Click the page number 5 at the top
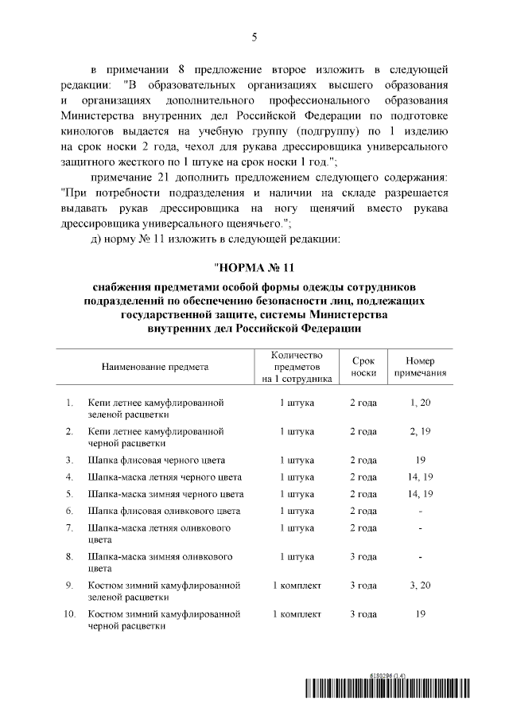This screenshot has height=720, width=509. [254, 37]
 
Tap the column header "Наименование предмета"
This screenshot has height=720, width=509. [154, 367]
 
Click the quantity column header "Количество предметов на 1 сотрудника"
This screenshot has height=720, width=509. [297, 367]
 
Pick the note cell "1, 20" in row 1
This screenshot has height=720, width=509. [420, 403]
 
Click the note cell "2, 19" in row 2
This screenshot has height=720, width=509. [420, 431]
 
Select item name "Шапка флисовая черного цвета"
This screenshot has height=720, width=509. [157, 460]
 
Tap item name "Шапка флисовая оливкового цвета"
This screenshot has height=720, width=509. [164, 511]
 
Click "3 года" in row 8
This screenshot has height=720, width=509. [363, 556]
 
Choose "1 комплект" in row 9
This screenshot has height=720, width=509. [297, 586]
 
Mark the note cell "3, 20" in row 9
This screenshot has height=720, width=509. [420, 586]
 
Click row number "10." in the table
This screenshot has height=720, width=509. [69, 614]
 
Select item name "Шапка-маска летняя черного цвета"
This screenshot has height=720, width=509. [165, 477]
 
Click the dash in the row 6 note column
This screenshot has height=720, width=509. [420, 511]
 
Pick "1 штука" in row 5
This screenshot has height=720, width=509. [297, 494]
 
